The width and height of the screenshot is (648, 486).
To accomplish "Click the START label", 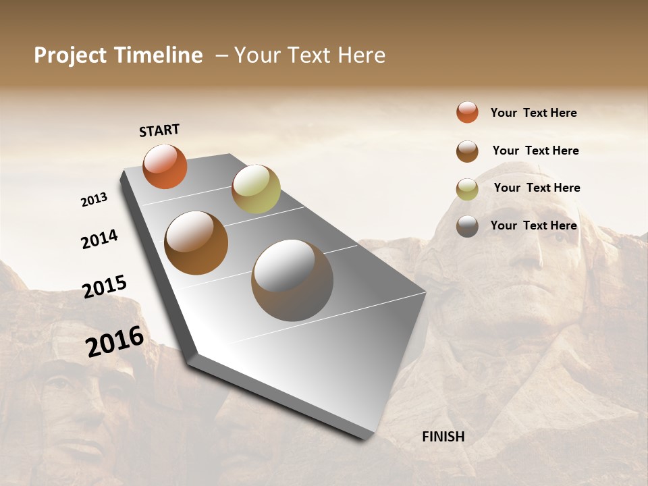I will pos(159,130).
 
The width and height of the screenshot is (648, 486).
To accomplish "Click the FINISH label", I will pos(443,437).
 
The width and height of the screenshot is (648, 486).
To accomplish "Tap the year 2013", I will pos(94,200).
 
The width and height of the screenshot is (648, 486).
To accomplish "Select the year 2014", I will pos(99,240).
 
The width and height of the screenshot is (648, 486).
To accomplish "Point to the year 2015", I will pos(105,286).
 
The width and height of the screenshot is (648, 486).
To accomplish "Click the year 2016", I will pos(115,342).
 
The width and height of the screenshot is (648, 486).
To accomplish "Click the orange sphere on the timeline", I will pos(165,167).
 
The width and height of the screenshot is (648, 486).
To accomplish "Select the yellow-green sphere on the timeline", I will pos(256,188).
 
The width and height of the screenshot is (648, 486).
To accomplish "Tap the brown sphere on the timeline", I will pos(196,243).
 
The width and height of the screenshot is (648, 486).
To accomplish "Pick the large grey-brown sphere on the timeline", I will pos(292,280).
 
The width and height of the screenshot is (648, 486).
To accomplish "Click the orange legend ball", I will pos(467,112).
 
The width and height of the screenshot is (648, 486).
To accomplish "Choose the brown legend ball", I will pos(467,151).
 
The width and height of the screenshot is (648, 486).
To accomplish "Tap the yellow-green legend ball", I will pos(467,189).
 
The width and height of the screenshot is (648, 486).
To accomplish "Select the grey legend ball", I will pos(467,226).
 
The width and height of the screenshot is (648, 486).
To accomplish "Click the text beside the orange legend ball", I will pos(533,113).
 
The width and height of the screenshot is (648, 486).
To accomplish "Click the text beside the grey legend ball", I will pos(533,225).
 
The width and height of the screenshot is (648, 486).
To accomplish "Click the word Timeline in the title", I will pos(159,55).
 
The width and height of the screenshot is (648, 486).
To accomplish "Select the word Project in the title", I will pos(71,55).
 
